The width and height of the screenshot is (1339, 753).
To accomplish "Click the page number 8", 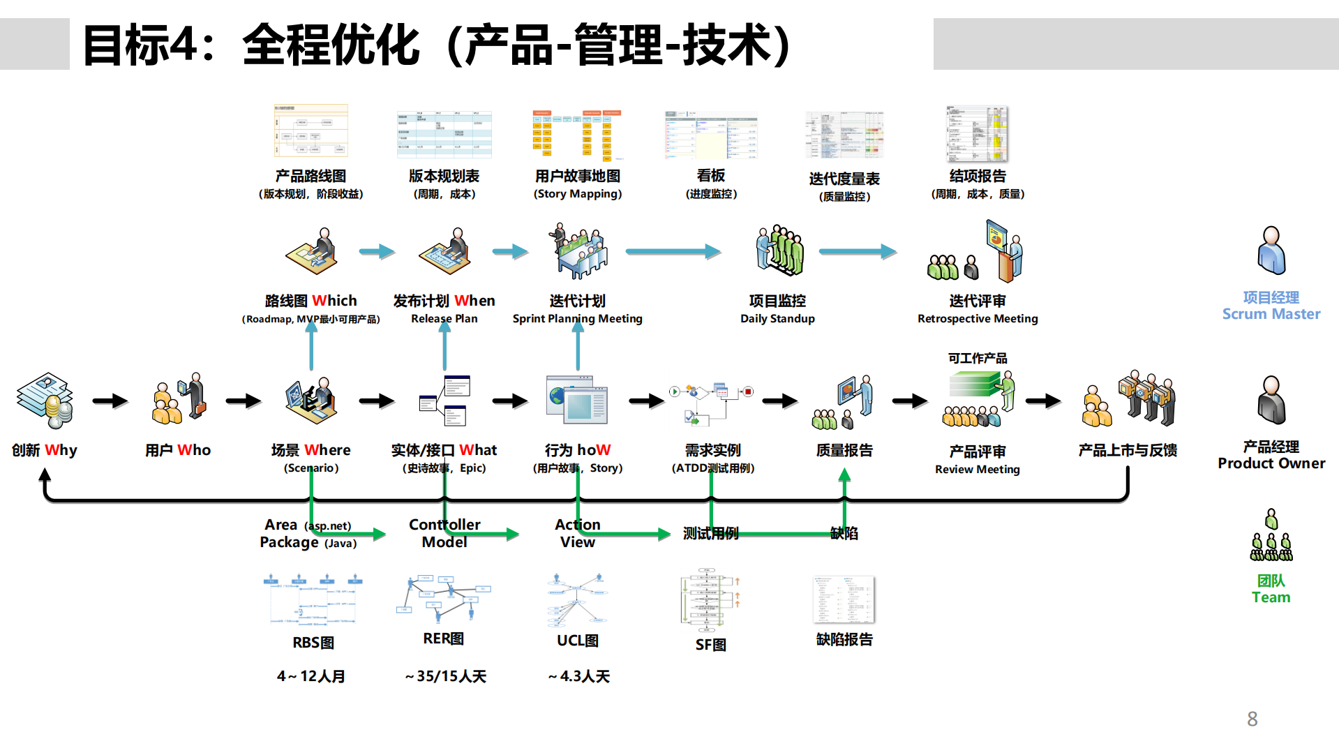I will [x=1252, y=719].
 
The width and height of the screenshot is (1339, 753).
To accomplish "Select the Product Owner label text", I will [x=1271, y=463].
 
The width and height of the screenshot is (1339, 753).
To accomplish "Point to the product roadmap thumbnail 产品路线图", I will [x=311, y=131].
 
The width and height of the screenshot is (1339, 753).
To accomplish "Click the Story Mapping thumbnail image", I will [x=577, y=135].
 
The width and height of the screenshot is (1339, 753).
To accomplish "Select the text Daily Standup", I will [x=777, y=319].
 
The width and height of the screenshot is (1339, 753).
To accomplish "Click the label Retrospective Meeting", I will [x=977, y=319].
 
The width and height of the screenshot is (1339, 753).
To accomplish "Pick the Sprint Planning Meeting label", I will [x=577, y=319].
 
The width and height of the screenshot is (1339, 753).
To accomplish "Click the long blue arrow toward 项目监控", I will [x=673, y=251].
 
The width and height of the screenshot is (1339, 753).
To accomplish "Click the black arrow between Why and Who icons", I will [x=110, y=401].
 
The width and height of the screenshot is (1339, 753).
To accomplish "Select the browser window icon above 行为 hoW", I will [x=577, y=400].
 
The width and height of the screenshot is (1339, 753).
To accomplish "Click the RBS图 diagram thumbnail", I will [x=313, y=599].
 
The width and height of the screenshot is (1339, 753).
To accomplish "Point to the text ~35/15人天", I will [x=445, y=676].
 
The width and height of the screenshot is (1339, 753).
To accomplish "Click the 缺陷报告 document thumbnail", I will [x=844, y=599].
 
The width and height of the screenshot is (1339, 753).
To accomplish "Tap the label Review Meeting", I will [x=977, y=470].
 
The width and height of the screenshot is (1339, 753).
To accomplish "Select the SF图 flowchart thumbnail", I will [x=710, y=599].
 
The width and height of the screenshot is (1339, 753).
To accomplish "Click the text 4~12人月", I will [x=311, y=676].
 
